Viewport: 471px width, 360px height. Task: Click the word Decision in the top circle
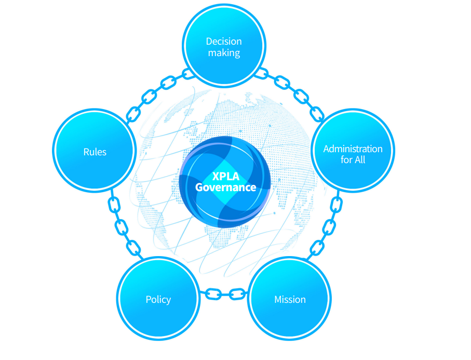pyautogui.click(x=224, y=42)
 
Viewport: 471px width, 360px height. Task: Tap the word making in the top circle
pyautogui.click(x=224, y=53)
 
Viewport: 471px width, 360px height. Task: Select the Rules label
pyautogui.click(x=95, y=152)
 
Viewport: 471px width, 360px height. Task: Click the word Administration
pyautogui.click(x=353, y=149)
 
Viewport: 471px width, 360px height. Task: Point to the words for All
pyautogui.click(x=353, y=160)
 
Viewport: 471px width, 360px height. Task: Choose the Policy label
pyautogui.click(x=158, y=299)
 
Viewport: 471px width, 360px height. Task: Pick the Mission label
pyautogui.click(x=290, y=299)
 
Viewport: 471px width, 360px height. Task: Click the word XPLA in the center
pyautogui.click(x=225, y=176)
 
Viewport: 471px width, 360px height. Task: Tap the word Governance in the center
pyautogui.click(x=225, y=188)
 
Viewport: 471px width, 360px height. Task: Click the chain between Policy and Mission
pyautogui.click(x=224, y=294)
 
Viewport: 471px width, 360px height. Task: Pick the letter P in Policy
pyautogui.click(x=149, y=299)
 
